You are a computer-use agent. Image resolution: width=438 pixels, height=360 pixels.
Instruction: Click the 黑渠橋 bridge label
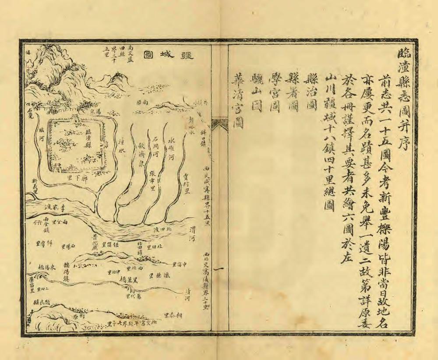pos(129,279)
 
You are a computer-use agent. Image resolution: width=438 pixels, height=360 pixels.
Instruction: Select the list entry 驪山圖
pos(257,92)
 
